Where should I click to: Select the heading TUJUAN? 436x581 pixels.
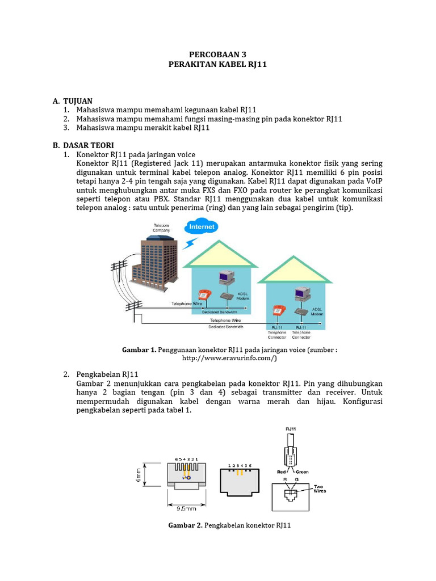(x=77, y=100)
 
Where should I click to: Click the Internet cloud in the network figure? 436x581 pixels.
(x=202, y=228)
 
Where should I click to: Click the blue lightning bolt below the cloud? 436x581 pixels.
(x=188, y=243)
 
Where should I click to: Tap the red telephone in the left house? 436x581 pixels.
(x=203, y=295)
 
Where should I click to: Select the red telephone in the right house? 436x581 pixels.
(x=278, y=310)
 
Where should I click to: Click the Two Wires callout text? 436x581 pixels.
(x=321, y=489)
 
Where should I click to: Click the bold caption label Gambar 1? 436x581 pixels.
(x=139, y=350)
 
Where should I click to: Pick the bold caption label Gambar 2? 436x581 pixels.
(x=185, y=525)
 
